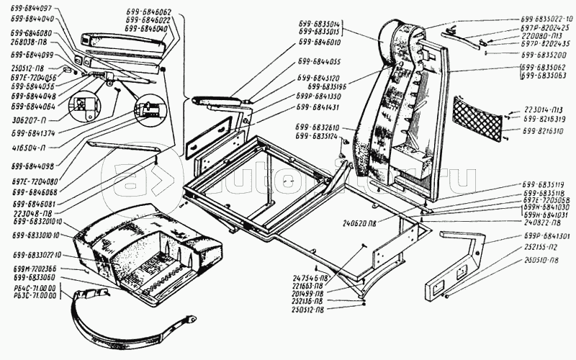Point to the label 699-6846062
coord(148,13)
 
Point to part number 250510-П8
coord(544,261)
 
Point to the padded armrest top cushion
coord(122,44)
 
